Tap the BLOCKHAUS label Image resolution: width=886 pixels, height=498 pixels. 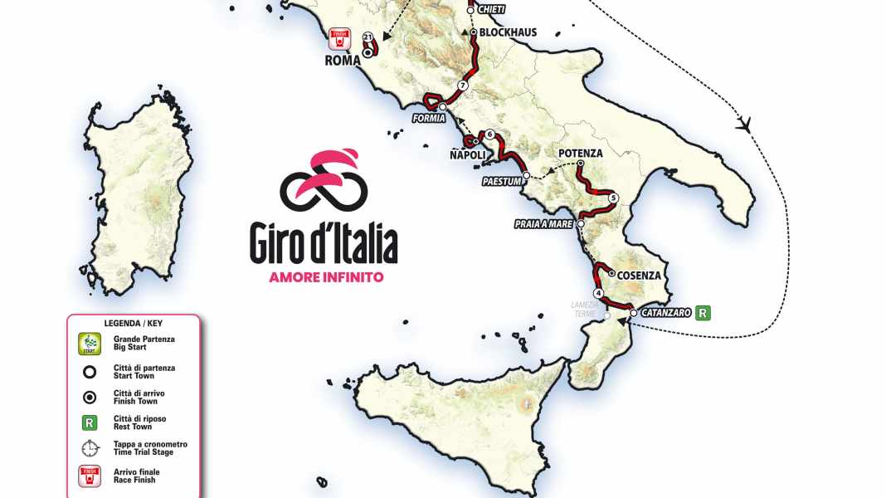tap(508, 32)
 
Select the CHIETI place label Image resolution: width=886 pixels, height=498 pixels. tap(494, 10)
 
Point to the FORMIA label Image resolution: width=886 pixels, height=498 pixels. tap(429, 118)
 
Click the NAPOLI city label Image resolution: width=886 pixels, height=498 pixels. tap(467, 154)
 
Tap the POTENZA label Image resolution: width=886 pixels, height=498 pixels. tap(580, 154)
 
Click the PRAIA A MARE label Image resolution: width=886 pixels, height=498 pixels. tap(543, 225)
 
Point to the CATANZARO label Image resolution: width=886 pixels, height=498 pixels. tap(666, 314)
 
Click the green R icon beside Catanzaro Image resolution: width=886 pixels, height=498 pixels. tap(703, 313)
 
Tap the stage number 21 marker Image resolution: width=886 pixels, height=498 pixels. tap(368, 37)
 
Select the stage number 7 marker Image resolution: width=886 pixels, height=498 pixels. tap(463, 85)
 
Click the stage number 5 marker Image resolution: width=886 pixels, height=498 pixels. tap(613, 198)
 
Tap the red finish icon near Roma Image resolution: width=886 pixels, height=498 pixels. tap(338, 37)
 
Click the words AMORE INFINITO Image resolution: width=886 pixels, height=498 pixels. tap(326, 277)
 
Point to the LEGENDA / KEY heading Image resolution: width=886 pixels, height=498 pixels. tap(133, 323)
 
